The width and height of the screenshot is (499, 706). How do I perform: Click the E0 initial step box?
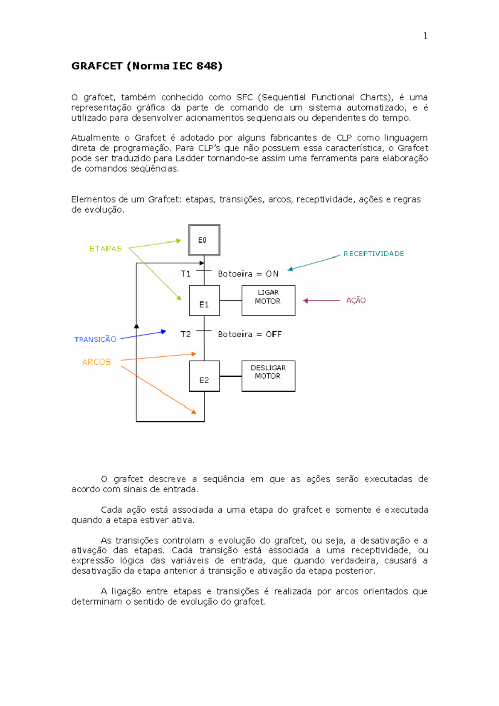(x=204, y=240)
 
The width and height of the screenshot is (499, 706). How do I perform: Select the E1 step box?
(x=204, y=300)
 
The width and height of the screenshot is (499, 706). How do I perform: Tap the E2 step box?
(x=204, y=376)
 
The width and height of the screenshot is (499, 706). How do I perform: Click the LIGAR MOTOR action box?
(x=268, y=300)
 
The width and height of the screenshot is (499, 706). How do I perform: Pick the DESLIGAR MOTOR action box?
(x=268, y=376)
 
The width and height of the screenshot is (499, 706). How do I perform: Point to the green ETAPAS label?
(x=106, y=249)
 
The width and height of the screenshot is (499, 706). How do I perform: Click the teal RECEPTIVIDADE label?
(x=373, y=254)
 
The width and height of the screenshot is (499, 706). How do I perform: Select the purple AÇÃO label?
(x=356, y=301)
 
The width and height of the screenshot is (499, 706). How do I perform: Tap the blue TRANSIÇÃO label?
(x=95, y=339)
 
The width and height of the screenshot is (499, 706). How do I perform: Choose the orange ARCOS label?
(x=96, y=362)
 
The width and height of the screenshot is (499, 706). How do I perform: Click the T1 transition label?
(x=185, y=274)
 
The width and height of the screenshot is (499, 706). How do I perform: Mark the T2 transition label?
(x=185, y=334)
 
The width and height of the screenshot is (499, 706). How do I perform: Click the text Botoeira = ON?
(x=248, y=274)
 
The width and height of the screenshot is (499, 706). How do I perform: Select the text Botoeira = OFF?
(x=249, y=334)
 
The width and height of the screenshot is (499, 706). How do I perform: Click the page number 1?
(x=425, y=36)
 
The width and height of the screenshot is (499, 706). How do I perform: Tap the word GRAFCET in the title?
(x=97, y=66)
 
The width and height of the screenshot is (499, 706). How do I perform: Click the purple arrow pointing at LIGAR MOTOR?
(x=321, y=301)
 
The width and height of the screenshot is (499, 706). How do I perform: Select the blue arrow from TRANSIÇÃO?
(x=143, y=335)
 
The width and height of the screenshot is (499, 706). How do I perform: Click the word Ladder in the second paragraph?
(x=190, y=158)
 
